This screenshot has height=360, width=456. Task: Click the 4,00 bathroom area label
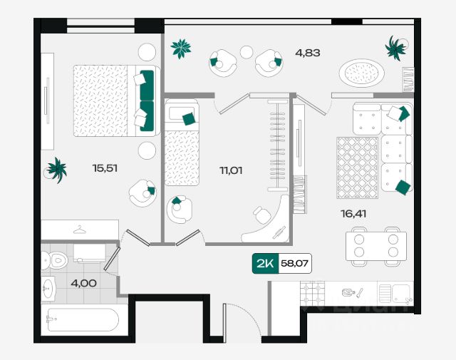click(x=84, y=282)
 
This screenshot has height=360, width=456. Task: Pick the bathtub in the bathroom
click(x=80, y=319)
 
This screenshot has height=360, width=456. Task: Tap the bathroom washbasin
click(x=48, y=288)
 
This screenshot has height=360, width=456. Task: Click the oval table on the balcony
click(x=362, y=73)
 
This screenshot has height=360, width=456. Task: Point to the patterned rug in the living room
click(x=357, y=168)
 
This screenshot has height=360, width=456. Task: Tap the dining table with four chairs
click(x=375, y=246)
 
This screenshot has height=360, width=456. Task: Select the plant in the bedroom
click(x=56, y=170)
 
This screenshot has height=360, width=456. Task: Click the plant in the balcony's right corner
click(x=395, y=48)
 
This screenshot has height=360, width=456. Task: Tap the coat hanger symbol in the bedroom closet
click(x=80, y=230)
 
